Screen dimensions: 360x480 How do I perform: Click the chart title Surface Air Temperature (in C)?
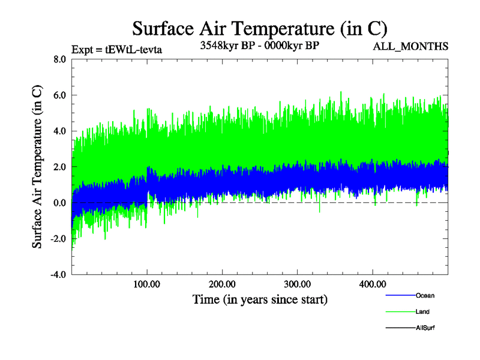(x=260, y=28)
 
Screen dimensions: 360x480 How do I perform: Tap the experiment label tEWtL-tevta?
(x=116, y=49)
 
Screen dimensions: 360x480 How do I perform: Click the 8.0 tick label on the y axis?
(x=59, y=59)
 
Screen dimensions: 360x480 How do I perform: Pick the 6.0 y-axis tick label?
(x=59, y=95)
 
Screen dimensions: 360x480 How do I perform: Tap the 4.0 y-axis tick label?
(x=59, y=131)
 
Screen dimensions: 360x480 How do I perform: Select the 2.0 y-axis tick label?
(x=59, y=167)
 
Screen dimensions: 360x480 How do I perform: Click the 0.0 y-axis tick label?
(x=59, y=203)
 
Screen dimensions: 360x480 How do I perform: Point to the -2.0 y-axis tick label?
(x=58, y=239)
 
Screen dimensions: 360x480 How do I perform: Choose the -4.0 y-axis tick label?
(x=58, y=275)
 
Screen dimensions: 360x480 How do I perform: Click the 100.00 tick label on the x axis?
(x=147, y=284)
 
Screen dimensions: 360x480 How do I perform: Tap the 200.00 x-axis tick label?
(x=222, y=284)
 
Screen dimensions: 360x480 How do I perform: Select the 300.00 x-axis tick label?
(x=297, y=284)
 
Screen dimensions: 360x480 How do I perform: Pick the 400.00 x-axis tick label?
(x=372, y=284)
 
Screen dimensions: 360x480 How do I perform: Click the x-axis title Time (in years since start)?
(x=260, y=299)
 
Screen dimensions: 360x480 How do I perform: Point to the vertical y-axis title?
(x=37, y=167)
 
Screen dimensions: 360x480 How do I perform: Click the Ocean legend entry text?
(x=425, y=295)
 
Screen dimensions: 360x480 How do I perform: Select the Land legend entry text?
(x=422, y=311)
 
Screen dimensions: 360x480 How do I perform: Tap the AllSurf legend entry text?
(x=425, y=328)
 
